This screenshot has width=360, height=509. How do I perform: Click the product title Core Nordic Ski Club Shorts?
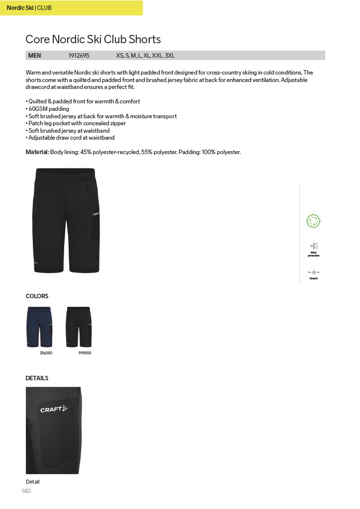[93, 39]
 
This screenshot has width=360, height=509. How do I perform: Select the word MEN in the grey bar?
[34, 56]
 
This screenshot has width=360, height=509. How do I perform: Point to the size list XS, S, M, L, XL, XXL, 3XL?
[145, 56]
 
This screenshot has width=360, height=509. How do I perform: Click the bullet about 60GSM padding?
[48, 109]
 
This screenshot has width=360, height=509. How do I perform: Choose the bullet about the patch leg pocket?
[77, 123]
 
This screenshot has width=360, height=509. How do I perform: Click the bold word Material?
[37, 152]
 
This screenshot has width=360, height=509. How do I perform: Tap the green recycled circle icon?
[314, 221]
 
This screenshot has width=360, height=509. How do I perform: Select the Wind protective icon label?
[313, 254]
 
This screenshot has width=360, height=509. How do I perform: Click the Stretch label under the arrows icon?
[313, 278]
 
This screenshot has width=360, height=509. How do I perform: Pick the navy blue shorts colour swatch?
[39, 327]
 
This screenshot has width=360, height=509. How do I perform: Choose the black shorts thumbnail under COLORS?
[79, 327]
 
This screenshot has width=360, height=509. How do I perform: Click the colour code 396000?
[46, 353]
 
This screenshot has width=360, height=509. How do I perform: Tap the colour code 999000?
[85, 353]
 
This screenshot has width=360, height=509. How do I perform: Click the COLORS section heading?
[37, 296]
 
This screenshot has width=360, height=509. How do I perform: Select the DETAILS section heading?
[37, 378]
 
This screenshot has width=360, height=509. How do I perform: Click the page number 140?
[26, 491]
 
